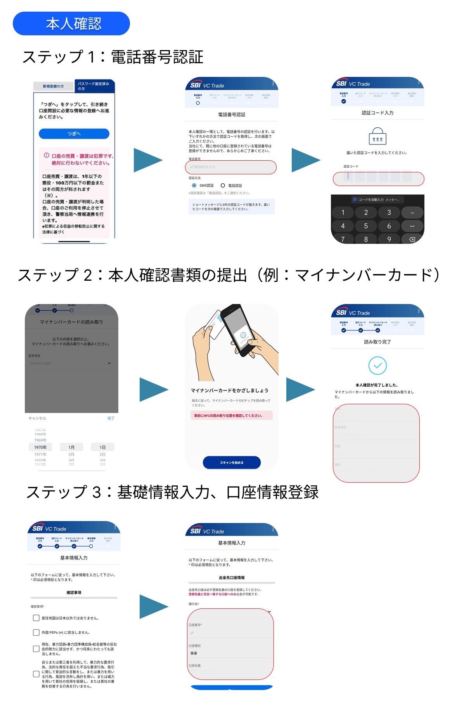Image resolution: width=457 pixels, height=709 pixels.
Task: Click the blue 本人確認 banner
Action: (x=71, y=24)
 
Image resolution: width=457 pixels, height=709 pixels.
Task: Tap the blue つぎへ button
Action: (x=74, y=134)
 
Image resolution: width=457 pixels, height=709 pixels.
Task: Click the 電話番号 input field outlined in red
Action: (x=231, y=167)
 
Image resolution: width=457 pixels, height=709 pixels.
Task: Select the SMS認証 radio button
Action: (x=194, y=186)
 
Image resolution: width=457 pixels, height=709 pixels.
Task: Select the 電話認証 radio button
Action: (x=223, y=186)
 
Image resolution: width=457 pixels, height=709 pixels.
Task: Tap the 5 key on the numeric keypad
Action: (x=365, y=226)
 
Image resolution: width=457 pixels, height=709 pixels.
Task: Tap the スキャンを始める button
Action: (x=232, y=462)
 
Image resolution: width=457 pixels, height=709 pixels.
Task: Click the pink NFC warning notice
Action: (x=232, y=415)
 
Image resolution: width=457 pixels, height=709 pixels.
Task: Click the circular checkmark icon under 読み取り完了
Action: (x=377, y=365)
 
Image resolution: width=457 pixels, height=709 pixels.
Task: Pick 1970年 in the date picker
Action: (x=40, y=447)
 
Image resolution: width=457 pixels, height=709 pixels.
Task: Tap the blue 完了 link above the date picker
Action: (x=111, y=418)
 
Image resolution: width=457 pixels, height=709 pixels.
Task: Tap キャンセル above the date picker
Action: (x=37, y=418)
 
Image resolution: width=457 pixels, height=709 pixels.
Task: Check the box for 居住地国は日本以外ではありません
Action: (x=36, y=618)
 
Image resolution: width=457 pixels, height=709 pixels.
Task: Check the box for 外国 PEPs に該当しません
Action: (x=36, y=632)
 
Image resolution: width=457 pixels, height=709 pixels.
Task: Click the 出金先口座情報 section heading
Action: (x=232, y=578)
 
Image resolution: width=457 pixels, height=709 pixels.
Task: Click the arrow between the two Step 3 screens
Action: (x=154, y=606)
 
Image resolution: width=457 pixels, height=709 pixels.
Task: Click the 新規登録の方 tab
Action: (x=53, y=86)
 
